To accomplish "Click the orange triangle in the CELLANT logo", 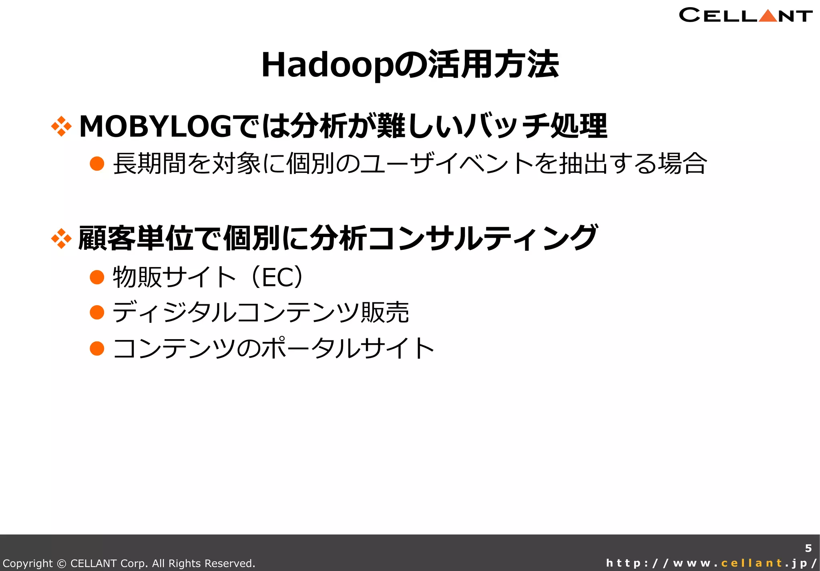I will click(768, 16).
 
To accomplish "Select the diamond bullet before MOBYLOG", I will click(61, 127).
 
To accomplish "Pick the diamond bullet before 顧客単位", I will click(61, 239).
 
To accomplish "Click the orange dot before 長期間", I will click(97, 164).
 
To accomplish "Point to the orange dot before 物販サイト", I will click(97, 277).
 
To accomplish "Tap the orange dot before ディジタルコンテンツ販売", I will click(97, 312).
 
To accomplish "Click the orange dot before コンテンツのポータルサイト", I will click(97, 348).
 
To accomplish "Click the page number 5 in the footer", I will click(808, 548).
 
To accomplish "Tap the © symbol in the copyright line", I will click(62, 563).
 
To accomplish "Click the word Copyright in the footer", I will click(28, 563).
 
